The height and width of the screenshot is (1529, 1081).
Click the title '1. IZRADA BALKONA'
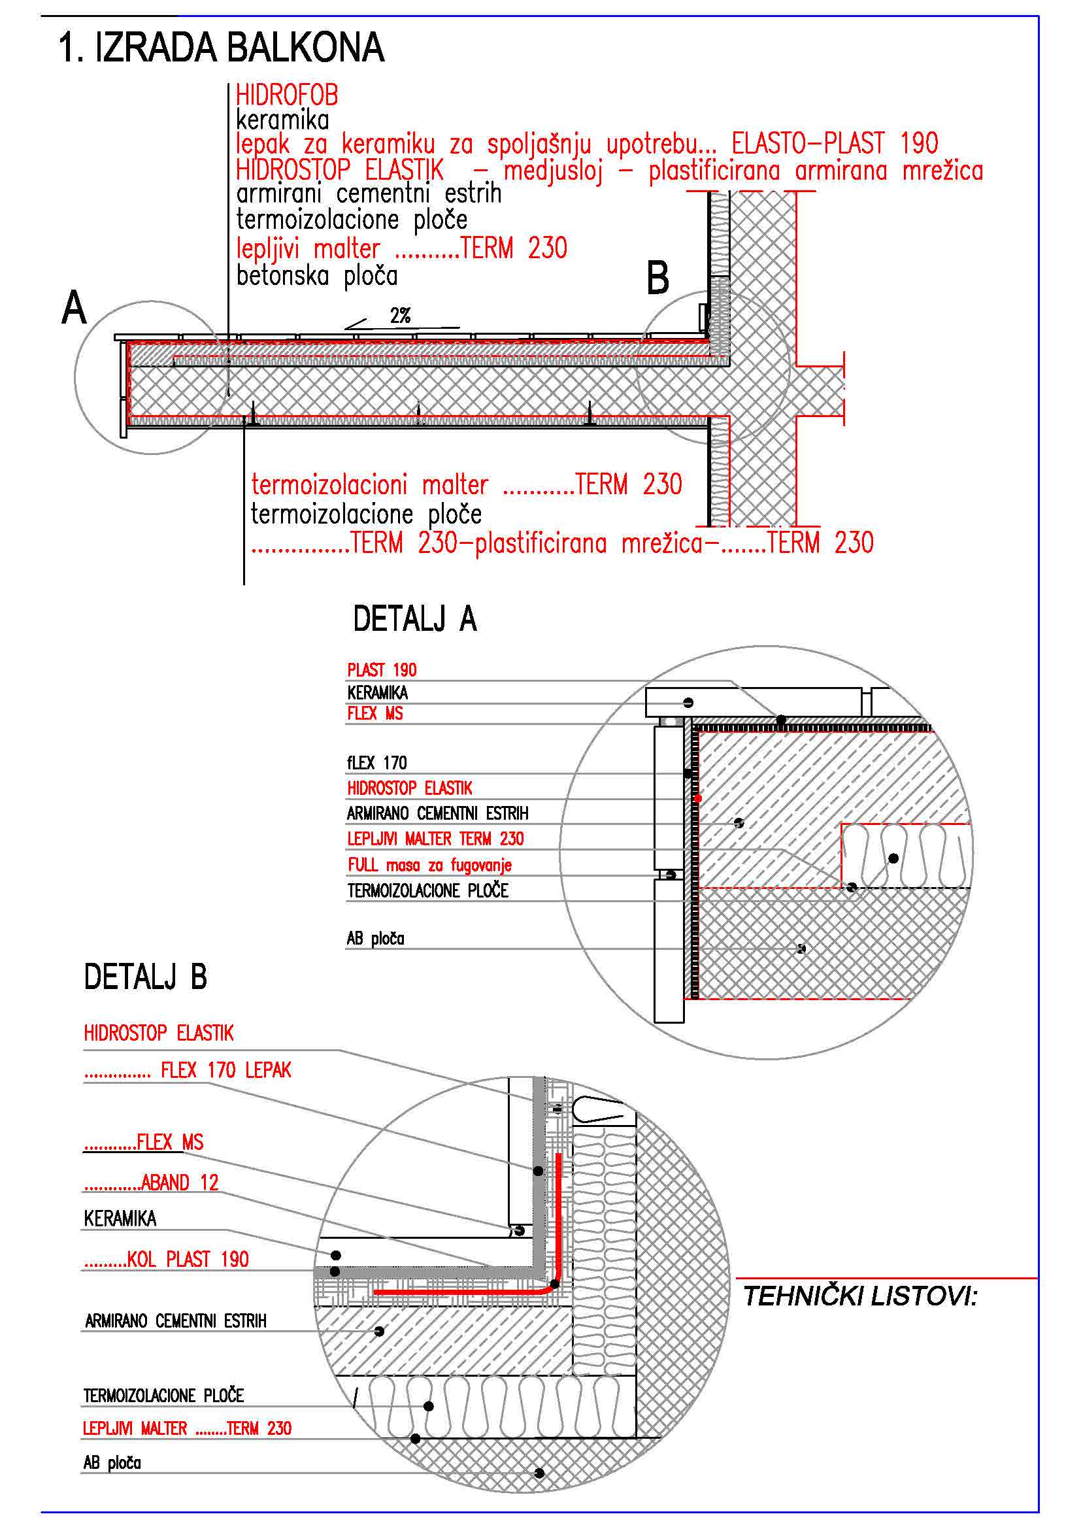221,47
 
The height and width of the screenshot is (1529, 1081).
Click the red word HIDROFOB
287,95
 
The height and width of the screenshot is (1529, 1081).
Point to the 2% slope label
401,316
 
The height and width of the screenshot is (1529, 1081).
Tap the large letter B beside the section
657,278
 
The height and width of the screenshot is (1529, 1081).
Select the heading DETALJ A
415,618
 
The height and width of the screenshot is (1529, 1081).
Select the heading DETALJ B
145,977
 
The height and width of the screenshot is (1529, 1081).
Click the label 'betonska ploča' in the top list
317,276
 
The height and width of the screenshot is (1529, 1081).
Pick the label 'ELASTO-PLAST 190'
835,143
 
